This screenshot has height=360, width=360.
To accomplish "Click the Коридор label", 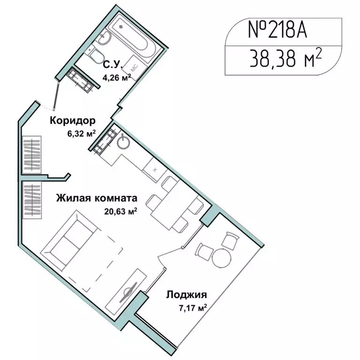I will [x=73, y=120].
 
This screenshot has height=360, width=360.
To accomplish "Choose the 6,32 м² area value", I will [x=81, y=133].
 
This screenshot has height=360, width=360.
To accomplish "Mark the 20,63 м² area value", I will [x=120, y=211].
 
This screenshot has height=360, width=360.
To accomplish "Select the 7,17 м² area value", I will [x=193, y=308].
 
